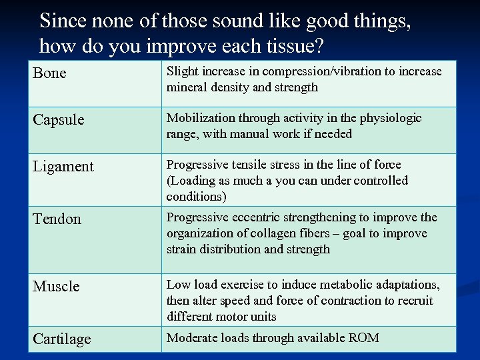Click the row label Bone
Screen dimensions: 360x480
[50, 73]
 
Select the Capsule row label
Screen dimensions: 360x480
[59, 120]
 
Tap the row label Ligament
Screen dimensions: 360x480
[63, 167]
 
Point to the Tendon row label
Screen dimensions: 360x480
[57, 219]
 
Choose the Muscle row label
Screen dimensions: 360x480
[56, 287]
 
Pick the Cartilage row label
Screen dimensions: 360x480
[62, 339]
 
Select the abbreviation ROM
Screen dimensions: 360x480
[364, 338]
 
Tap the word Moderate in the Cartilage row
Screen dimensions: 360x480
[190, 338]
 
